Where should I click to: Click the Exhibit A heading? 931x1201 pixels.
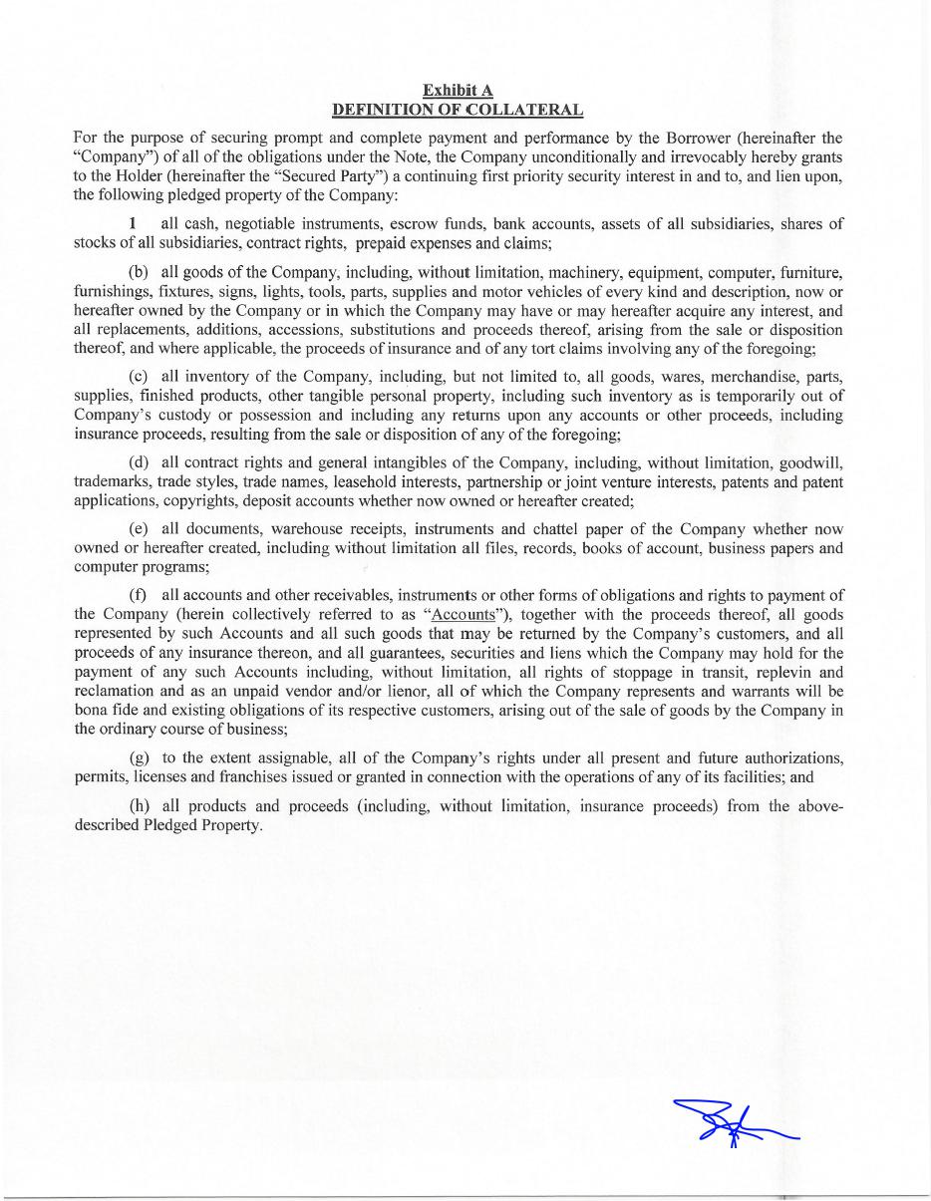click(458, 91)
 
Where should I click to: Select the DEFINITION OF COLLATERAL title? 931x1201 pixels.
click(458, 109)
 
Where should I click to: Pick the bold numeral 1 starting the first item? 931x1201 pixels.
click(133, 223)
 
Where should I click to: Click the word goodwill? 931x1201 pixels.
click(809, 462)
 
